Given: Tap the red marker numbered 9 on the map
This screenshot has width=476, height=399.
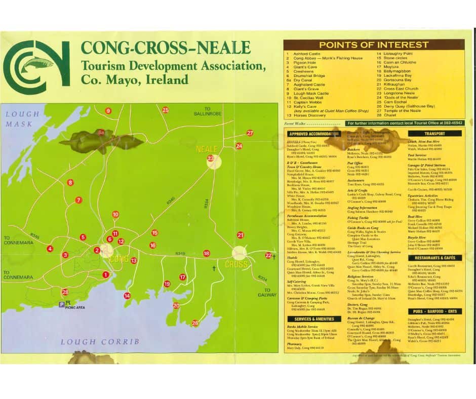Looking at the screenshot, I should tap(108, 111).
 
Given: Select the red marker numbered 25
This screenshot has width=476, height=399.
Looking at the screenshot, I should tap(166, 110).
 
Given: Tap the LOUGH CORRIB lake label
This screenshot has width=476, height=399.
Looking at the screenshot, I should tap(100, 342).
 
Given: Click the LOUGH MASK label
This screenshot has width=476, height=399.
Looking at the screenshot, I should tap(19, 119).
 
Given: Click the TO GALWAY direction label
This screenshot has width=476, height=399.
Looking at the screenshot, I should tap(267, 292).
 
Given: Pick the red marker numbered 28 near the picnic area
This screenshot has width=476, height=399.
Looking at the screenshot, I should tap(65, 292).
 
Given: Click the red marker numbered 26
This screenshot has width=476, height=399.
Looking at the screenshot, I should tap(195, 323).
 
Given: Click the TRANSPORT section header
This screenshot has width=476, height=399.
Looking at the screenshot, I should tap(435, 134).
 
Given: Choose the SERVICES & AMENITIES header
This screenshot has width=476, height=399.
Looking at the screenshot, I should tap(314, 319).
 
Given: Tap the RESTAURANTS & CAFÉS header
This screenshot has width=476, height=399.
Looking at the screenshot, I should tap(435, 258).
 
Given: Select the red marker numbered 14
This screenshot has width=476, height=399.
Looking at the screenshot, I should tap(127, 296).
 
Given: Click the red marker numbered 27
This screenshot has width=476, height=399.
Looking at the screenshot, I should tap(250, 133).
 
